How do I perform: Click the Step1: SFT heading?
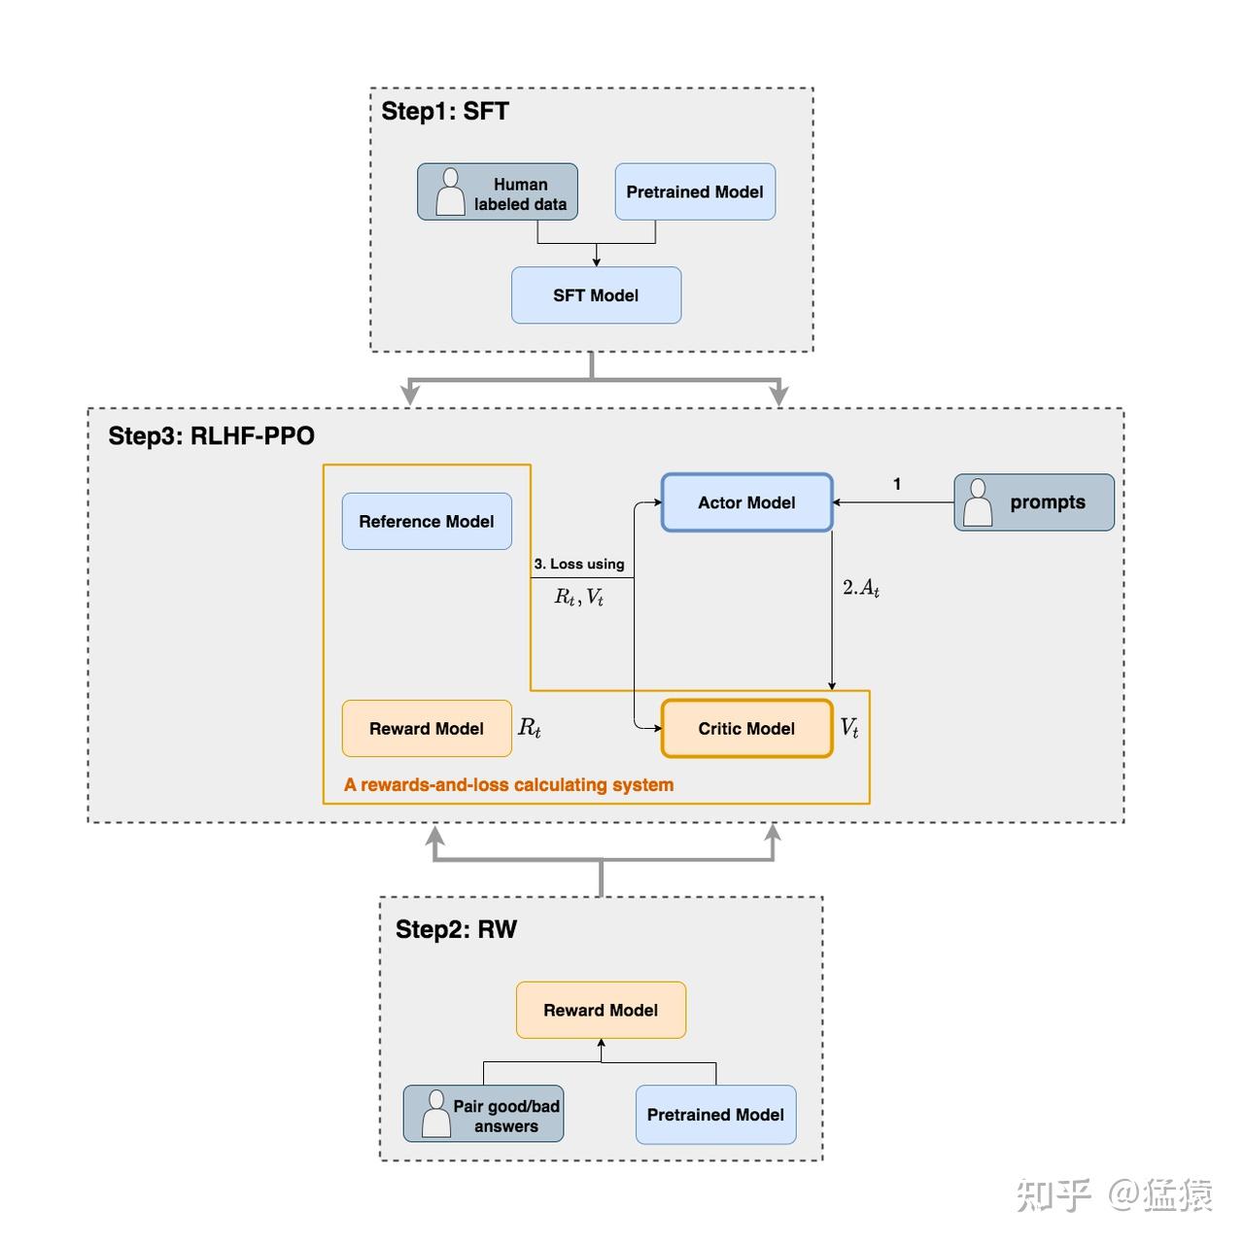(x=444, y=112)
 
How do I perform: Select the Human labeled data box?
(x=498, y=192)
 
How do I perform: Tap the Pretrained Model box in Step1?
(x=695, y=192)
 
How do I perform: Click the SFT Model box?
(x=596, y=295)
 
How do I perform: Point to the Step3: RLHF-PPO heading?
(x=211, y=435)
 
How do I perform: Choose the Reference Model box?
(x=427, y=522)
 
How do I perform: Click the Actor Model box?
(x=746, y=502)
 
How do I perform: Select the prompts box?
(x=1034, y=502)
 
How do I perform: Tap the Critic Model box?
(x=746, y=729)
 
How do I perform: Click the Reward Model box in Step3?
(x=427, y=729)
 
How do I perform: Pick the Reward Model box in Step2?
(x=601, y=1011)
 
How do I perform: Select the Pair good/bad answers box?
(x=484, y=1115)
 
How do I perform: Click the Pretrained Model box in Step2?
(x=715, y=1115)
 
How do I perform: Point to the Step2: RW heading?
(x=456, y=929)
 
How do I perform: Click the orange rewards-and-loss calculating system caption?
(x=508, y=785)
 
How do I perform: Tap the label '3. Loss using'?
(x=579, y=564)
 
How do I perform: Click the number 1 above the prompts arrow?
(x=897, y=484)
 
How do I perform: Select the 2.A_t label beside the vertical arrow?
(x=861, y=588)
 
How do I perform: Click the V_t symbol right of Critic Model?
(x=849, y=728)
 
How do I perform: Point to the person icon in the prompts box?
(x=978, y=502)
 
